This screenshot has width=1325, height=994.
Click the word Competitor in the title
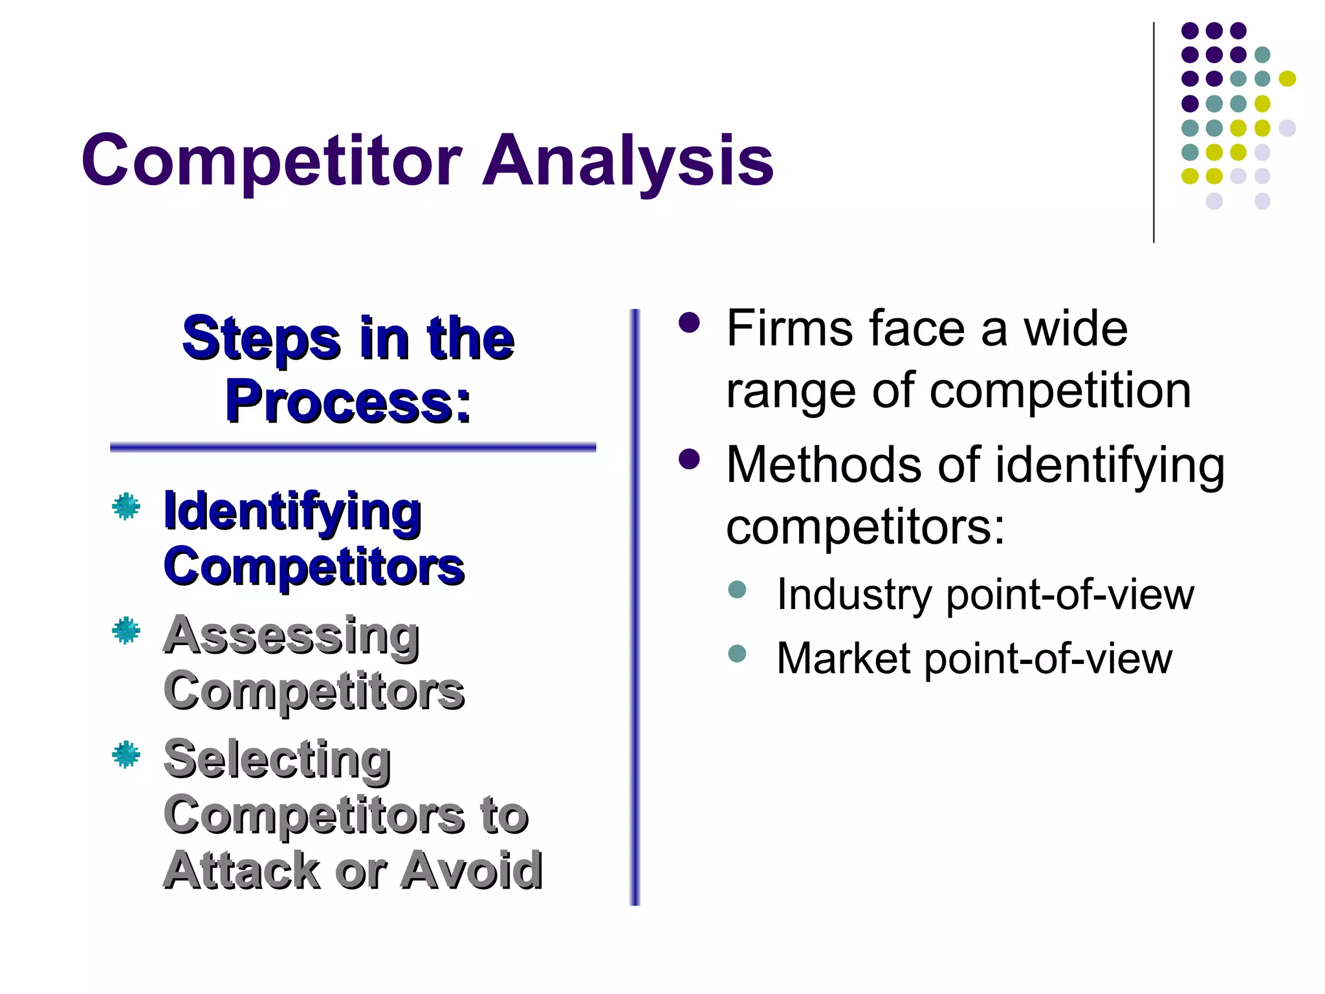(272, 160)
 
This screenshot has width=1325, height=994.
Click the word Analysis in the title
(628, 160)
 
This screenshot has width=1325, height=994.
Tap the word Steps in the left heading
(261, 339)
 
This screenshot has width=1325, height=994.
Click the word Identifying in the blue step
(292, 511)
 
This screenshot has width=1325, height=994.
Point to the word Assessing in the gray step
(291, 635)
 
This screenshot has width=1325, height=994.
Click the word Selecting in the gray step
(277, 758)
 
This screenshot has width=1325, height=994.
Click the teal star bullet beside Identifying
(126, 506)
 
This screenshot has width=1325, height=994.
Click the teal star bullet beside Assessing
(126, 630)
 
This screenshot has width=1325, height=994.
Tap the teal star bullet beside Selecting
(126, 754)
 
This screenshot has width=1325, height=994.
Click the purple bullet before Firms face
(690, 322)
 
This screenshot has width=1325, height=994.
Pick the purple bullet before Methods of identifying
(690, 459)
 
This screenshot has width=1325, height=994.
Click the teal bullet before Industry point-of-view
(737, 589)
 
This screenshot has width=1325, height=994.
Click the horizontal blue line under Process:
(353, 447)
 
